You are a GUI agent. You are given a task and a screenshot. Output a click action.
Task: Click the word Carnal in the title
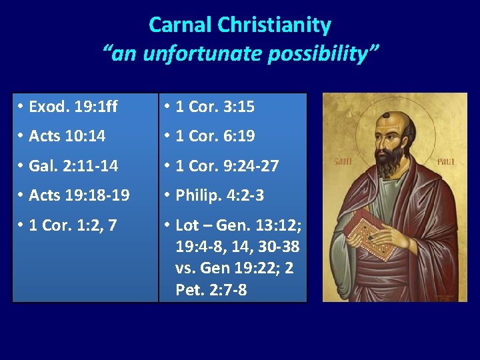tap(181, 25)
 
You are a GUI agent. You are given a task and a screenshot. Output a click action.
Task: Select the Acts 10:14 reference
tap(67, 136)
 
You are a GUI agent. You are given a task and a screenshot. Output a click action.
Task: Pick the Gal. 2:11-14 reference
tap(73, 165)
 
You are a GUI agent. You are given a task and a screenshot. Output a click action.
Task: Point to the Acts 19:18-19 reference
tap(79, 195)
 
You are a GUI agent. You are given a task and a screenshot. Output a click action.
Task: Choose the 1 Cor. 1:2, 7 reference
tap(73, 225)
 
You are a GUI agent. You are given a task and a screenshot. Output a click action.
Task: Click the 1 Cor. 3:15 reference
tap(215, 106)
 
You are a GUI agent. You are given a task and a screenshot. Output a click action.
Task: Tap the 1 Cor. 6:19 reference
tap(215, 136)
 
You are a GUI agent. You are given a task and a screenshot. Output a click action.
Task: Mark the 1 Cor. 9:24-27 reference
tap(227, 165)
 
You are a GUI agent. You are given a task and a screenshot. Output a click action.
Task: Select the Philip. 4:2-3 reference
tap(219, 195)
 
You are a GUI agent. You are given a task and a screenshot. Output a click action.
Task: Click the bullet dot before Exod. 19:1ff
tap(22, 106)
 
